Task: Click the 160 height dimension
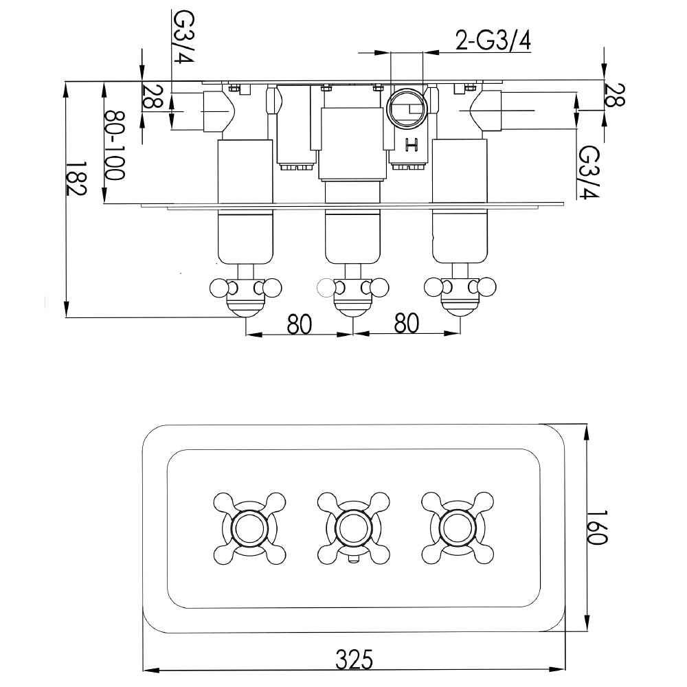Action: tap(598, 527)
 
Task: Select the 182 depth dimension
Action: tap(78, 180)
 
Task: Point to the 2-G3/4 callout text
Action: tap(493, 42)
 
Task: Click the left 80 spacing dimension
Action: tap(300, 323)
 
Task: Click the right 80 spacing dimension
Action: tap(407, 323)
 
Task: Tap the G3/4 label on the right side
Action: tap(588, 172)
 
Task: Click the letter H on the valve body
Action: tap(412, 144)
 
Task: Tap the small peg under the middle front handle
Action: tap(353, 561)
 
